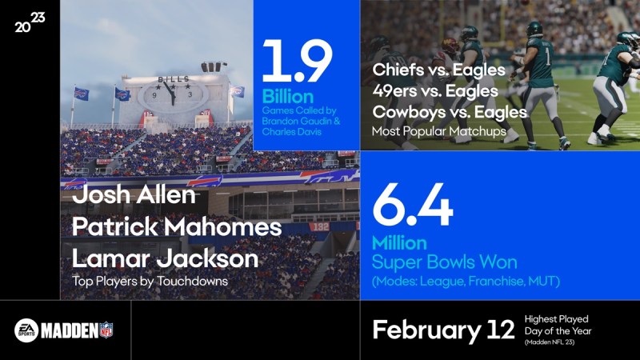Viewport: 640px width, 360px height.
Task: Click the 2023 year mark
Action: (x=30, y=22)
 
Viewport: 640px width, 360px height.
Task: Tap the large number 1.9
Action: (x=297, y=62)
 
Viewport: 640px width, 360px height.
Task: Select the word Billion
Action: (x=288, y=97)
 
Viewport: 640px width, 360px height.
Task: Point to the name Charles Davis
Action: (x=291, y=132)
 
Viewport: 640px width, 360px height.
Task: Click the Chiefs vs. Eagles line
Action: (x=438, y=70)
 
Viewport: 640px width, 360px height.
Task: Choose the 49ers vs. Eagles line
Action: (x=435, y=91)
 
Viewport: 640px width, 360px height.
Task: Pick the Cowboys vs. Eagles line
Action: (x=450, y=112)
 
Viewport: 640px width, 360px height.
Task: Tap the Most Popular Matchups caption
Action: (x=438, y=131)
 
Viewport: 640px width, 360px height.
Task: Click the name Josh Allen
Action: (x=134, y=194)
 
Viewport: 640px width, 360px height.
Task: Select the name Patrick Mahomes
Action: (x=177, y=226)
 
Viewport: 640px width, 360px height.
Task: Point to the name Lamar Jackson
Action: (x=166, y=258)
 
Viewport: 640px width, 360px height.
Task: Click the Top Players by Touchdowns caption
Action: (x=150, y=282)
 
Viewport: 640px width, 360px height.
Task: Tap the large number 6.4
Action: (x=413, y=205)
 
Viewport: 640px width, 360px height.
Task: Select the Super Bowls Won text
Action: (x=445, y=262)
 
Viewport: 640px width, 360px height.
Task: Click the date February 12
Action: (x=443, y=330)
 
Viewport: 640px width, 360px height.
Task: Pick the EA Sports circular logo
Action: (x=26, y=330)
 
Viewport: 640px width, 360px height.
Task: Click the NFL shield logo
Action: (x=106, y=330)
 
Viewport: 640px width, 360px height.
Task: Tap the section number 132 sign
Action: (x=318, y=226)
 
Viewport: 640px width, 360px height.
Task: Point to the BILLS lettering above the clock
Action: (x=174, y=79)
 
